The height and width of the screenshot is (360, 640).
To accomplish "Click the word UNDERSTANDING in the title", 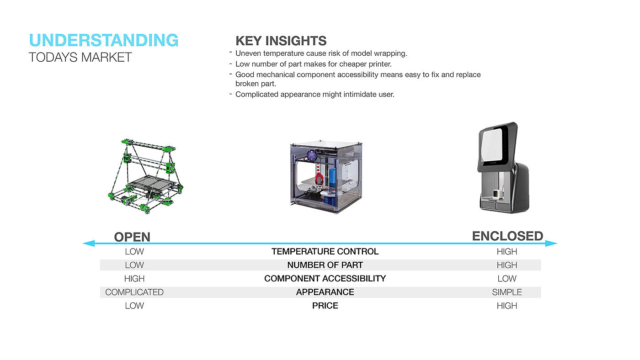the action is coord(104,40).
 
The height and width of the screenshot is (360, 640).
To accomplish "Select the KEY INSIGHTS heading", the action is coord(281,41).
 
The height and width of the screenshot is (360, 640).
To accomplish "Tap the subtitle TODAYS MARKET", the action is coord(80,58).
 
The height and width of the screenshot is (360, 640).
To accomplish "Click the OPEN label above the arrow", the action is coord(132,237).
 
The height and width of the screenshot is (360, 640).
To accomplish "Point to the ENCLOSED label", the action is coord(507,236).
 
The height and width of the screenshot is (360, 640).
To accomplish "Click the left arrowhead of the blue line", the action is coord(89,244).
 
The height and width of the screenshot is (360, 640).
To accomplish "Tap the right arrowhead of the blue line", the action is coord(551,244).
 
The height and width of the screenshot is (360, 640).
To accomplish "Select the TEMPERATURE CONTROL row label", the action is coord(325,252).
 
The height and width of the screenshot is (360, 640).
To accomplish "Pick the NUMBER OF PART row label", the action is coord(325,265).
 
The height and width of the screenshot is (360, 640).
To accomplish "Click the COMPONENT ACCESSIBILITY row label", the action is coord(325,279).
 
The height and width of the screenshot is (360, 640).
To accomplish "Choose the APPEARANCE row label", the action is coord(325,292).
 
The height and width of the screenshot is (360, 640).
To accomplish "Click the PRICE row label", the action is coord(325,306).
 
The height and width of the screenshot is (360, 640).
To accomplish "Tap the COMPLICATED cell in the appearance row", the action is coord(134,292).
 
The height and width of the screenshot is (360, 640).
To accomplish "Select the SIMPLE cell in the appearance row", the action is coord(507,292).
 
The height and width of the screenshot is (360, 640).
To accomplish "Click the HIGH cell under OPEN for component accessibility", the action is coord(134,279).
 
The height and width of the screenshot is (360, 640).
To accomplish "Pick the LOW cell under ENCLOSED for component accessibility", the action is coord(507,279).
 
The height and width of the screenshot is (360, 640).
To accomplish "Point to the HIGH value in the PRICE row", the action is coord(507,306).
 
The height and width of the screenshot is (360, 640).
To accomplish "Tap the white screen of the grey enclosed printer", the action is coord(492,145).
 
